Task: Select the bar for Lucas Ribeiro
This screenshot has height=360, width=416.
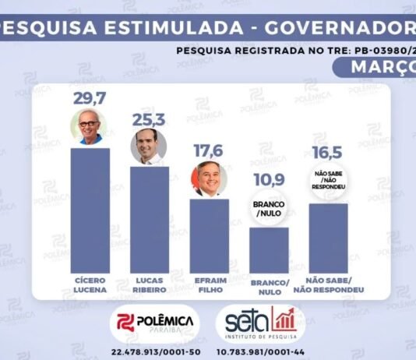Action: [150, 218]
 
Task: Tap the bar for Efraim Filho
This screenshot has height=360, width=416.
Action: [209, 234]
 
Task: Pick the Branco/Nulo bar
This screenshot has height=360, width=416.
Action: [269, 249]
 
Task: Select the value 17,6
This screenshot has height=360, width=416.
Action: [209, 150]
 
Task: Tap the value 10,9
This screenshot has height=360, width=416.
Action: [269, 180]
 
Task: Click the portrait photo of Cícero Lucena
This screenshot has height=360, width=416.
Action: [90, 127]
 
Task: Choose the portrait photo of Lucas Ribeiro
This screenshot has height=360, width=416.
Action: [149, 146]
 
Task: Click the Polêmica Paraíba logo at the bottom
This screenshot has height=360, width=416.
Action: [155, 323]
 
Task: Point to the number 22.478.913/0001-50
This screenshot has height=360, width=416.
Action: [156, 352]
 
